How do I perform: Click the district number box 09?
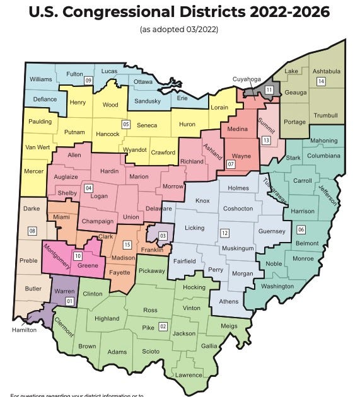[89, 81]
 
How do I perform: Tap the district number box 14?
[321, 82]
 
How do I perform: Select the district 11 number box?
[269, 90]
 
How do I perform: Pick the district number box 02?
[163, 326]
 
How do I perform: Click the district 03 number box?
[163, 236]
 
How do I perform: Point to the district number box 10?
[78, 256]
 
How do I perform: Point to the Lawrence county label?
[189, 375]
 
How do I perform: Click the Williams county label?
[41, 79]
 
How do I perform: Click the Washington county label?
[277, 287]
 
